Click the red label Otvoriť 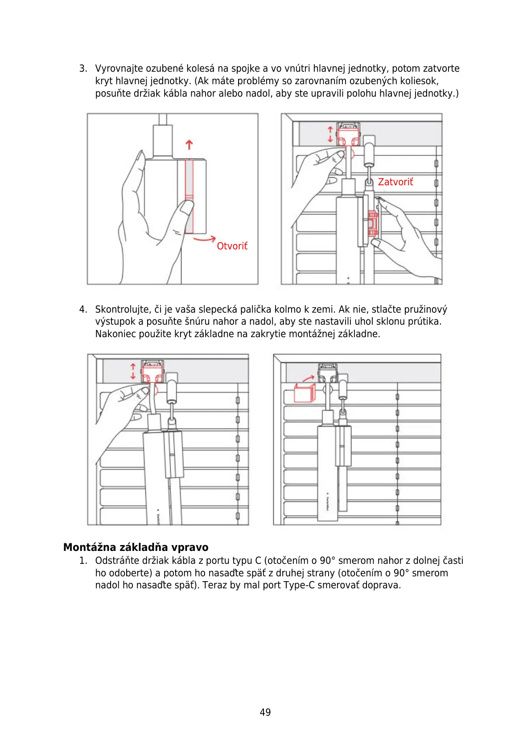click(232, 246)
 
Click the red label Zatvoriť click(395, 182)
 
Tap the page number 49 click(265, 712)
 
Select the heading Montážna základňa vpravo click(136, 547)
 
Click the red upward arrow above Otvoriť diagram click(189, 145)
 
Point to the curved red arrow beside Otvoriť click(204, 240)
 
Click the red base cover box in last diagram click(305, 393)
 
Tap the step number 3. click(82, 69)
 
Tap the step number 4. click(82, 310)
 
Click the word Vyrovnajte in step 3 click(119, 69)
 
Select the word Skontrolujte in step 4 click(123, 310)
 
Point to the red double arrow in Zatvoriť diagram click(330, 134)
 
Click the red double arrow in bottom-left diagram click(133, 371)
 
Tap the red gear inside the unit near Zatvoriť click(372, 223)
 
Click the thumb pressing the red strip click(186, 208)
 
